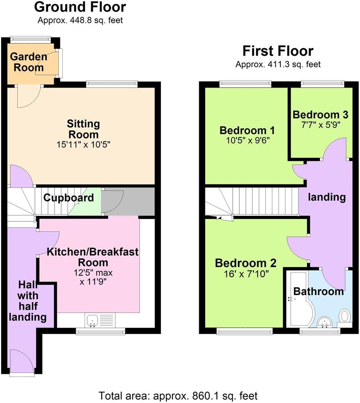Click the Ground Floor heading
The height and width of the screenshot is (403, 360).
[x=80, y=7]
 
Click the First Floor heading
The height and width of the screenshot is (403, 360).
[x=278, y=51]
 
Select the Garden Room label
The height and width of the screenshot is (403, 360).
[x=28, y=62]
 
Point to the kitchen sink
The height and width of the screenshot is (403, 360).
[x=92, y=320]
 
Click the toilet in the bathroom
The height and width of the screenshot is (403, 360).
[x=345, y=316]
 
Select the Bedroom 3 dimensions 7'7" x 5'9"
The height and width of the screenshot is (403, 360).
[x=320, y=124]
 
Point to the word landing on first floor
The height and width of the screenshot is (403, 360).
[x=327, y=197]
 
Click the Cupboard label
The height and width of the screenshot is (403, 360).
[x=68, y=198]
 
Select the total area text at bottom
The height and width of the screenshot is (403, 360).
[x=178, y=395]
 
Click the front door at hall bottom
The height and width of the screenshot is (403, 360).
[x=22, y=362]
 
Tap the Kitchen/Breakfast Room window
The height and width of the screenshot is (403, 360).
[x=100, y=331]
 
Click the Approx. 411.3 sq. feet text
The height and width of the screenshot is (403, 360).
[x=278, y=65]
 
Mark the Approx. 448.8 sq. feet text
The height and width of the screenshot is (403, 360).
[x=80, y=20]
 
